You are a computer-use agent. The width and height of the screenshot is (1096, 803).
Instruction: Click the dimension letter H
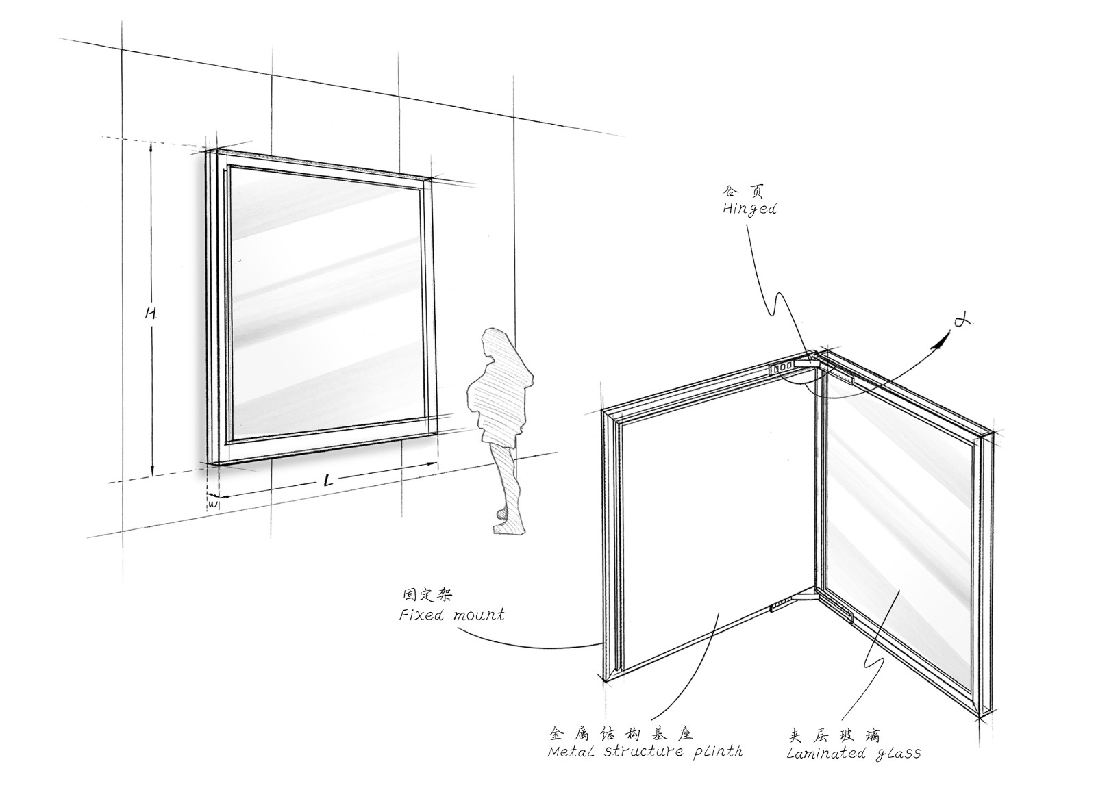point(150,313)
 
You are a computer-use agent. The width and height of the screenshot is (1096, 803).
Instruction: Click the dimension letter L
point(329,481)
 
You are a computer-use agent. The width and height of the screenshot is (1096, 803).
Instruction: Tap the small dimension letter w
point(213,502)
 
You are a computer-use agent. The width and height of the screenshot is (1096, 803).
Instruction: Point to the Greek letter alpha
point(962,321)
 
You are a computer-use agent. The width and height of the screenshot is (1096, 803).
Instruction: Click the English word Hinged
point(749,209)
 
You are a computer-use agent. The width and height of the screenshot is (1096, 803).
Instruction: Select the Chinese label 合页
point(743,191)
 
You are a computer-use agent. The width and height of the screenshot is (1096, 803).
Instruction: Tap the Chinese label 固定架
point(427,595)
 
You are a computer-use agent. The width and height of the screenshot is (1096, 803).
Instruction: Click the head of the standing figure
point(495,342)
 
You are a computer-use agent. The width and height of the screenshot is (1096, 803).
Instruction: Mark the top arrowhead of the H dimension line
point(151,146)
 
